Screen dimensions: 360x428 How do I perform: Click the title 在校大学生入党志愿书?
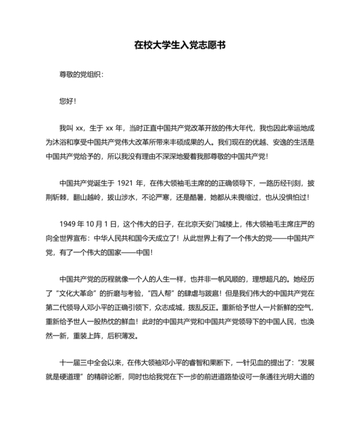[x=179, y=46]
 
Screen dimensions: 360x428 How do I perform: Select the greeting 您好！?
[x=67, y=101]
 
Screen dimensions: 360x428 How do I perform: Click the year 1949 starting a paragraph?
[x=69, y=224]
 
